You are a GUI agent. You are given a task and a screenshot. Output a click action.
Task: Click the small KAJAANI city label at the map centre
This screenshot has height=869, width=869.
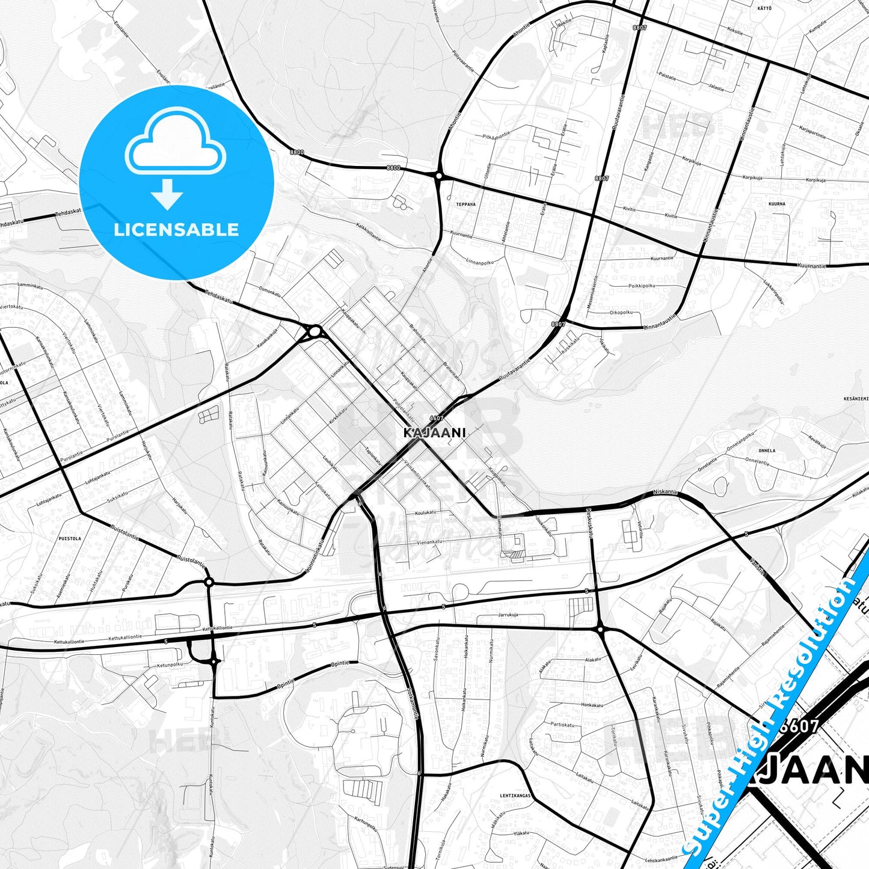pos(434,432)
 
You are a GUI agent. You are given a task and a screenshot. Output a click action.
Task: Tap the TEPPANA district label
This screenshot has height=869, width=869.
pos(465,204)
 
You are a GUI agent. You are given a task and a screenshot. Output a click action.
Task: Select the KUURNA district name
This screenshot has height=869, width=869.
pos(776,204)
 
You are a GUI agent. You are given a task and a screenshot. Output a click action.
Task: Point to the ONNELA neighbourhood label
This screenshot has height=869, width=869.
pos(767,450)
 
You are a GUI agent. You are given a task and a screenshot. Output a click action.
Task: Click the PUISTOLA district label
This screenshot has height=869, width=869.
pos(70,539)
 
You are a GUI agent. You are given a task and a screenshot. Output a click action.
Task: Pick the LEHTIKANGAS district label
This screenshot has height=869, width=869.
pos(515,795)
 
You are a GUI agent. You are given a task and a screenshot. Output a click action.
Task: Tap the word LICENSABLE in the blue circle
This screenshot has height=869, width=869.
pos(176,229)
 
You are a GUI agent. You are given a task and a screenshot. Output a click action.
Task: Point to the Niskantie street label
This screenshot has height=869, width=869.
pos(666,493)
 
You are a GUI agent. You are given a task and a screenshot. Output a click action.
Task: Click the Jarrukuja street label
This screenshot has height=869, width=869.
pos(508,615)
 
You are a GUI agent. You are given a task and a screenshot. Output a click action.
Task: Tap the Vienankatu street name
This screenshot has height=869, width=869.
pos(429,542)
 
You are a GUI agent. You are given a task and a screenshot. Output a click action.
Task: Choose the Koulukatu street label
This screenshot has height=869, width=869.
pos(425,514)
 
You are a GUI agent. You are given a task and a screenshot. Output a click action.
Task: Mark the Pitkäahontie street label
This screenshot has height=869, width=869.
pos(496,136)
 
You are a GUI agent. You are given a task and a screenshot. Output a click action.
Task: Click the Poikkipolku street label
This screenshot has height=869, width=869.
pos(642,286)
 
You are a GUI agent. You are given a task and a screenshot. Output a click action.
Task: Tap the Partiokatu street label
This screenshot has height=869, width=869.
pos(562,725)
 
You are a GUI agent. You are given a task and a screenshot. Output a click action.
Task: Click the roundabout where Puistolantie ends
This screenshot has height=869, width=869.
pos(209,582)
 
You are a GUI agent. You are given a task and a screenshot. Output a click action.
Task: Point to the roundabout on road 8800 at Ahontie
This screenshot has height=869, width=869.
pos(439,176)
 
